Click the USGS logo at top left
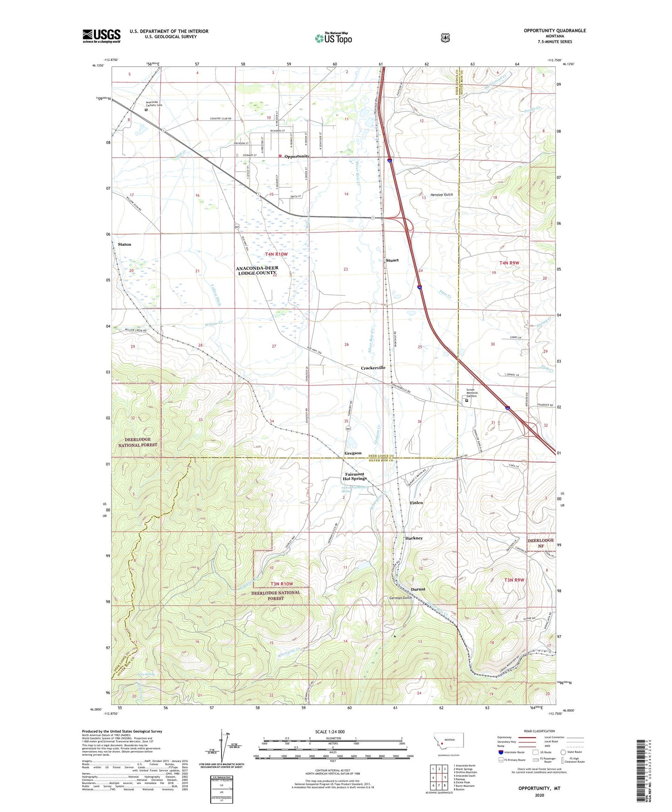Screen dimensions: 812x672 [101, 36]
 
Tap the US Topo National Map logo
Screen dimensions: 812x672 [333, 38]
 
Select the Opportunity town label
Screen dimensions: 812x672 [297, 156]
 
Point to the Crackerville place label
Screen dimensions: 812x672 [373, 368]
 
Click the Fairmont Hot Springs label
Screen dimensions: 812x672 [355, 476]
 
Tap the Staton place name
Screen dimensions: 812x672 [124, 244]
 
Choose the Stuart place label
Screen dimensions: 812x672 [392, 260]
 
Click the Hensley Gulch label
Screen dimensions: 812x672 [441, 195]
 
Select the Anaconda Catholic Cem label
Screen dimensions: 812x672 [154, 104]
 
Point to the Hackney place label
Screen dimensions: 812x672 [414, 538]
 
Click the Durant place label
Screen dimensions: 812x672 [418, 589]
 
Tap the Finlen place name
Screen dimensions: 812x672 [416, 503]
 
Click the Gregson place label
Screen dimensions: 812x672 [353, 453]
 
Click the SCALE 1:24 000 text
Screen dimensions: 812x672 [330, 732]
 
